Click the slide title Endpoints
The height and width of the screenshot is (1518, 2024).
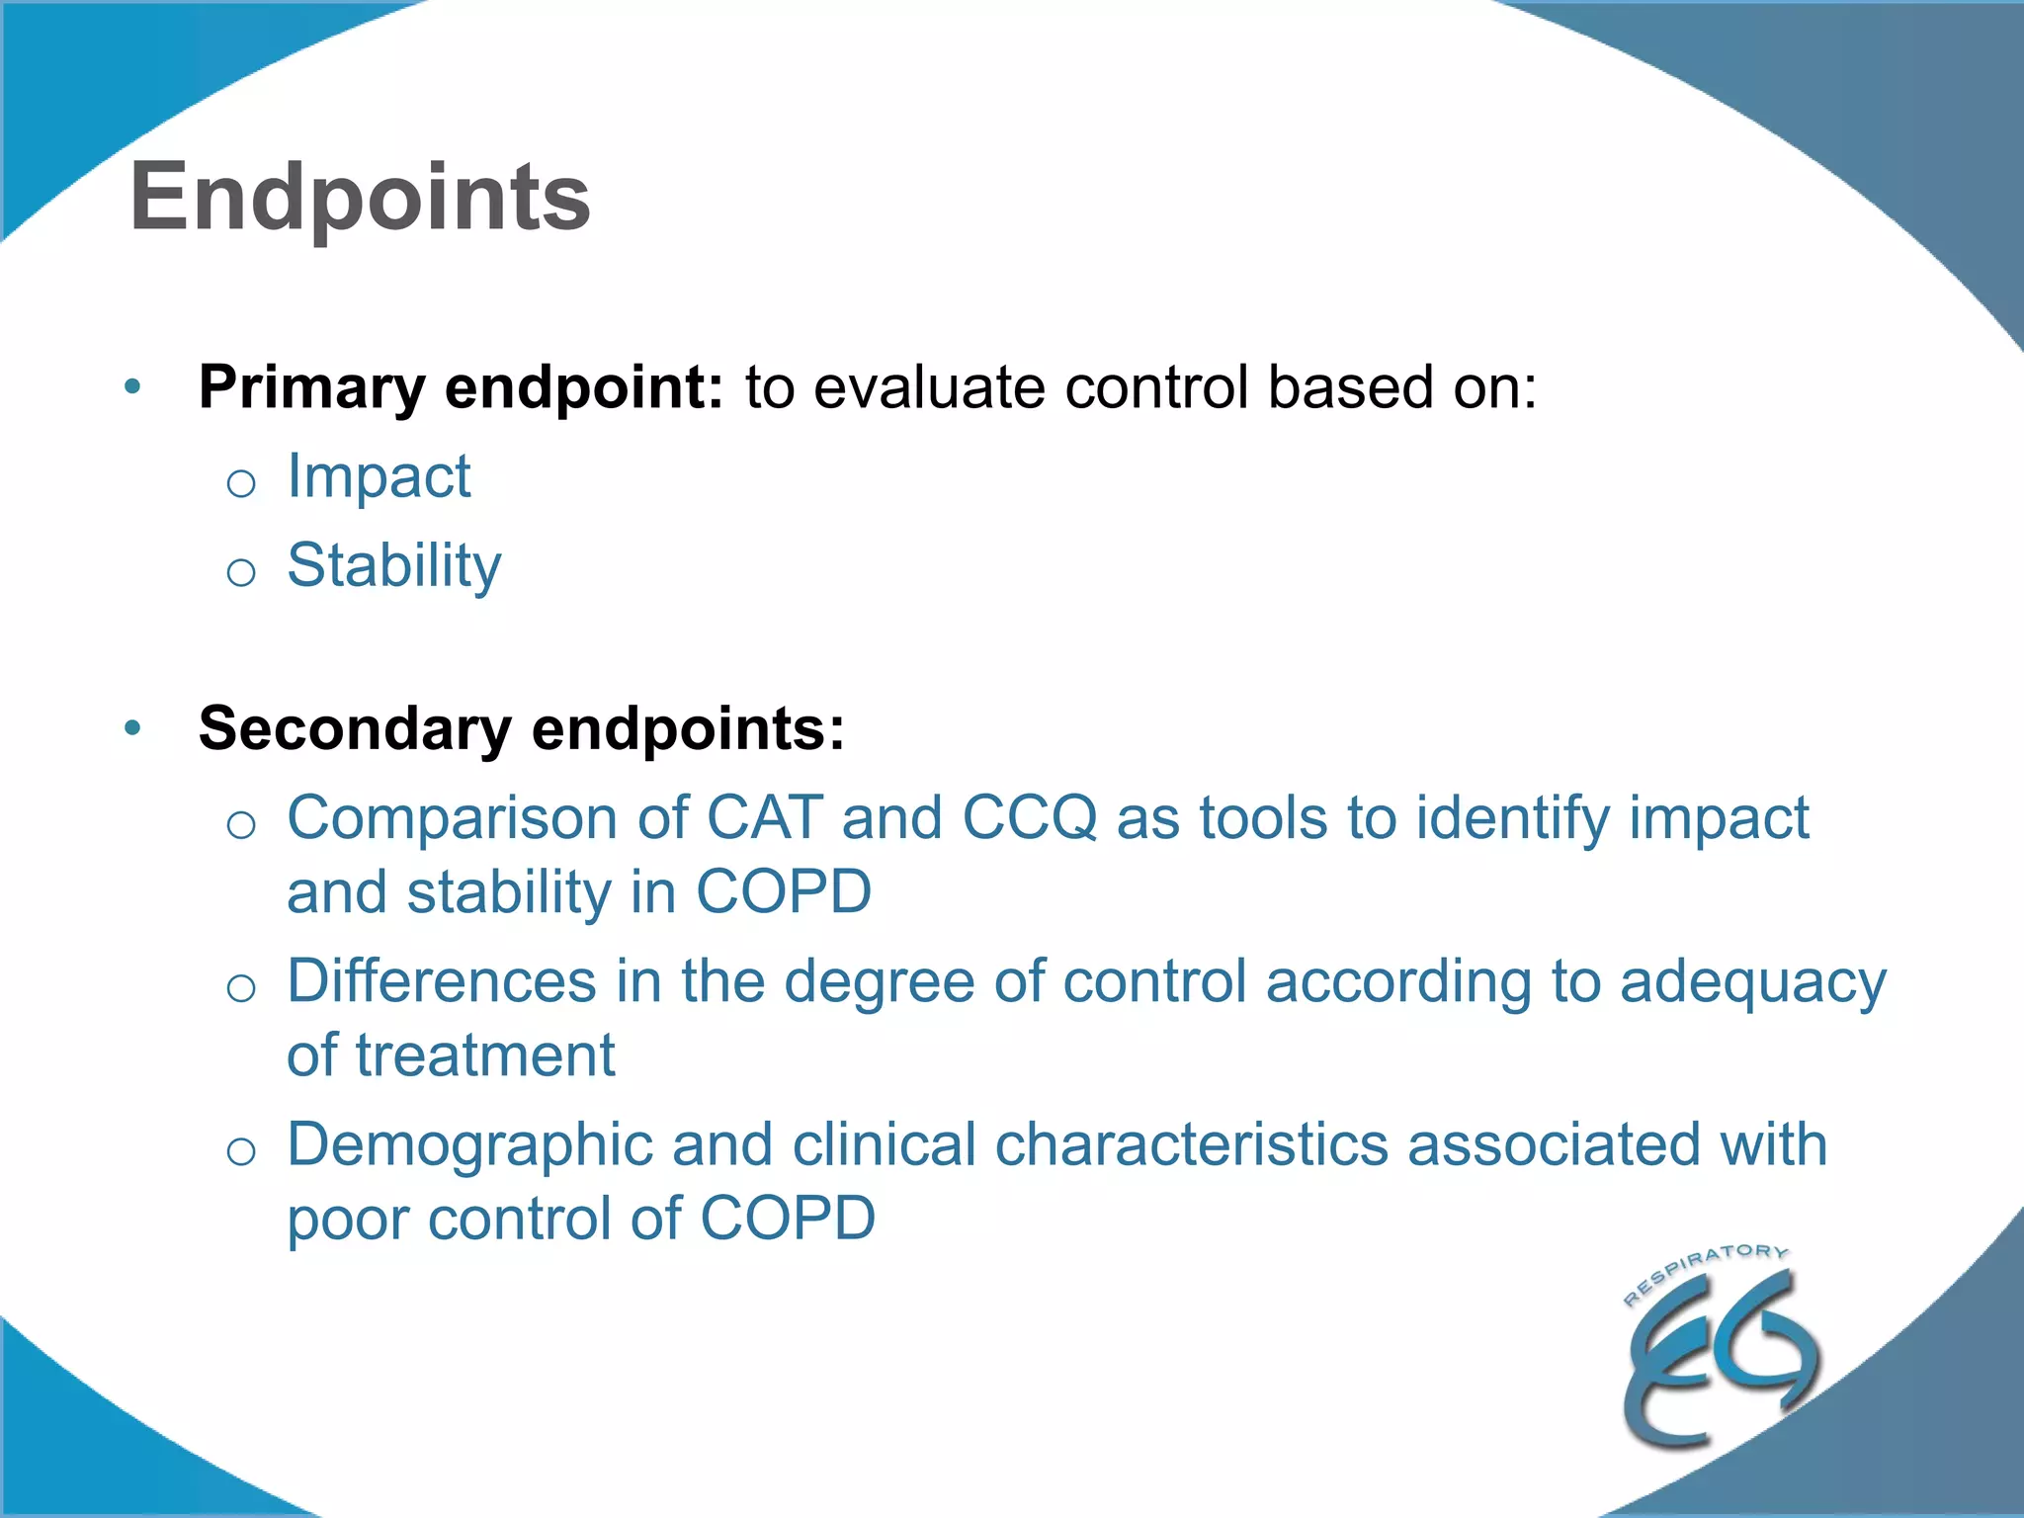point(360,198)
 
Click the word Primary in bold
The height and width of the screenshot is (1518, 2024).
point(311,387)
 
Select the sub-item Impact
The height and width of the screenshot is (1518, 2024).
point(379,476)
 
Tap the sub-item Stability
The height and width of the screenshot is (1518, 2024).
point(393,566)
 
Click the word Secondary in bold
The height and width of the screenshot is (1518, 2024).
point(354,728)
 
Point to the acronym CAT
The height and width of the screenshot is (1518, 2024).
point(764,818)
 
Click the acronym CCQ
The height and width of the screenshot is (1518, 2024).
point(1029,818)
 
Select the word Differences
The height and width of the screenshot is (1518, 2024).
point(441,981)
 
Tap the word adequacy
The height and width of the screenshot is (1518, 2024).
point(1752,983)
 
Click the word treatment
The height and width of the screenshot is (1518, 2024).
point(485,1055)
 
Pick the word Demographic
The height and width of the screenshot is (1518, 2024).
point(469,1145)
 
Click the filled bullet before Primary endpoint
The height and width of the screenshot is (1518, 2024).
point(133,386)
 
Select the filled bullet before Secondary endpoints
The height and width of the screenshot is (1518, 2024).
point(133,728)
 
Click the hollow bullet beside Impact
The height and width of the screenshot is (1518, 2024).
point(241,483)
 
